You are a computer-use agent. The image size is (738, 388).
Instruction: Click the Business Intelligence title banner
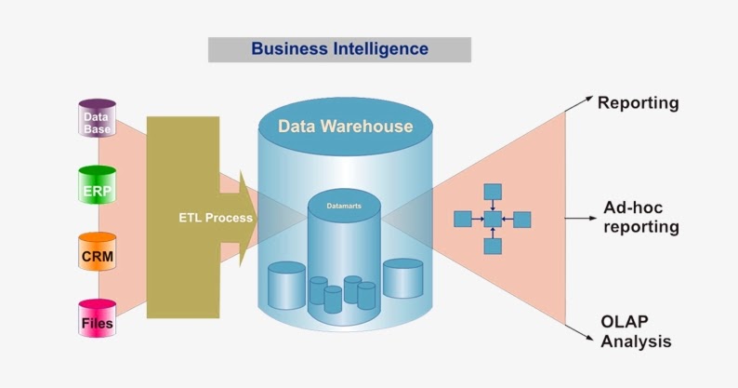339,49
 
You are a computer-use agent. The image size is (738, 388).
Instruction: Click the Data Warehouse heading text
346,126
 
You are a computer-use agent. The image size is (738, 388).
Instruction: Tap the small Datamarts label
344,203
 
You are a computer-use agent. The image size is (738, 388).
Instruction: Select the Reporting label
638,102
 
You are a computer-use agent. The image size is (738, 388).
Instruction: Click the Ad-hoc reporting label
641,217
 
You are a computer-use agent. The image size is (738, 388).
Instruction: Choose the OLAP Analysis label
636,331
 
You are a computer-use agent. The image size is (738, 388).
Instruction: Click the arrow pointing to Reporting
580,103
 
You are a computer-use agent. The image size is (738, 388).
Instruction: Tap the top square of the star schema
493,192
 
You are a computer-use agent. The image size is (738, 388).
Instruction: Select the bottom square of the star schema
493,247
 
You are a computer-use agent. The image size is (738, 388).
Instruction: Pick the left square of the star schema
463,220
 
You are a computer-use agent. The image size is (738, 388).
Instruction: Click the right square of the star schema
522,220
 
